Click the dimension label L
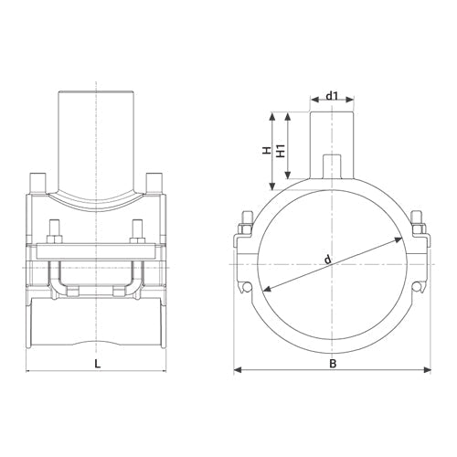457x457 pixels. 97,364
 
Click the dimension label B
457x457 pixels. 333,364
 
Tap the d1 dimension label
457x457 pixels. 332,96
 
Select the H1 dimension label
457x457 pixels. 281,151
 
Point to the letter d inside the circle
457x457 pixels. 327,260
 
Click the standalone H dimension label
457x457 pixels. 267,150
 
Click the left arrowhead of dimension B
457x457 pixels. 238,370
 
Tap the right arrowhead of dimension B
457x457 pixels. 428,370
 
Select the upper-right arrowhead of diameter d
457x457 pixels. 399,239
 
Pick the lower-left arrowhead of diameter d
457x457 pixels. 267,289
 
